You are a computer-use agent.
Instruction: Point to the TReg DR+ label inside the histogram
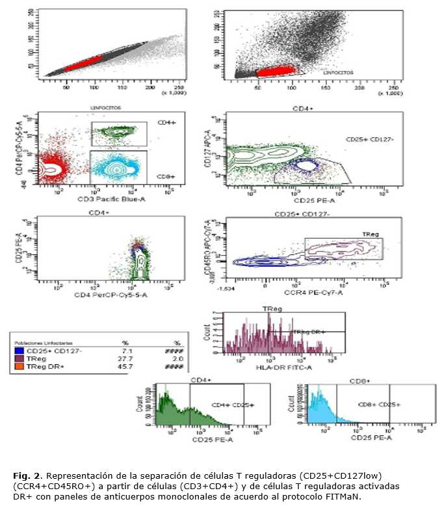click(309, 332)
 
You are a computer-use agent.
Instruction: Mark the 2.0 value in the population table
click(177, 359)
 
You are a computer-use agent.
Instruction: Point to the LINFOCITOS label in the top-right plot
click(339, 74)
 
